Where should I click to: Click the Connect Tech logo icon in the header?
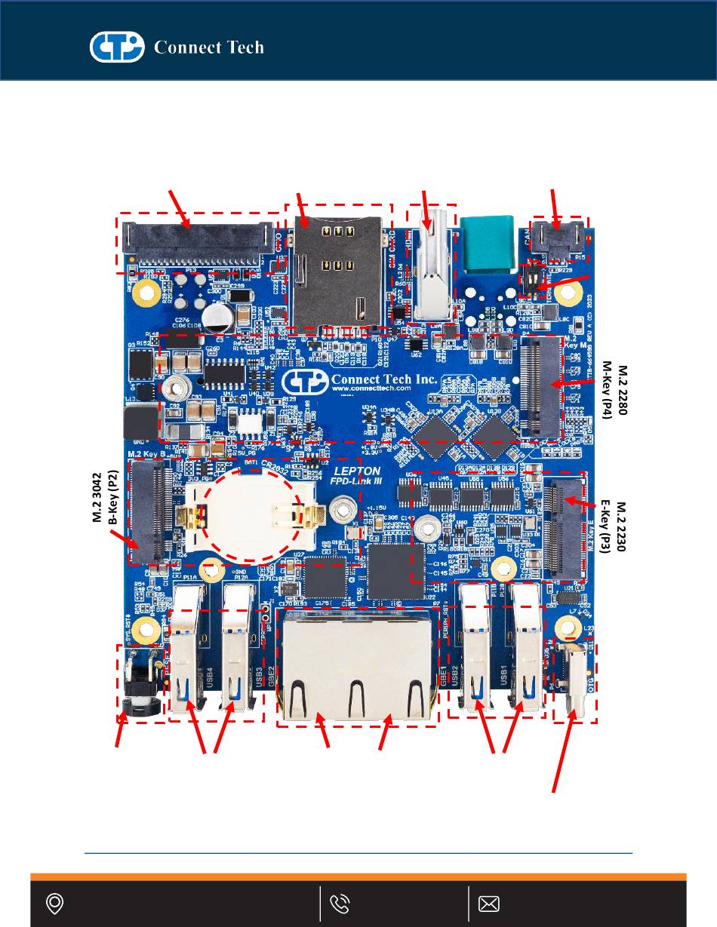[116, 47]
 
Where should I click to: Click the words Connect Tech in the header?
[209, 48]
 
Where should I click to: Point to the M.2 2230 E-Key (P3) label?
[616, 526]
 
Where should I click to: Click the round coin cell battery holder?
[253, 517]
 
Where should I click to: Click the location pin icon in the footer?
[54, 904]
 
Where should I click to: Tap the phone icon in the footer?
[340, 904]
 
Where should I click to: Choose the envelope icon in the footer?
[489, 904]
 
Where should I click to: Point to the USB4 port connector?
[187, 649]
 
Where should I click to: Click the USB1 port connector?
[527, 649]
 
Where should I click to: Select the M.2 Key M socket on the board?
[541, 386]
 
